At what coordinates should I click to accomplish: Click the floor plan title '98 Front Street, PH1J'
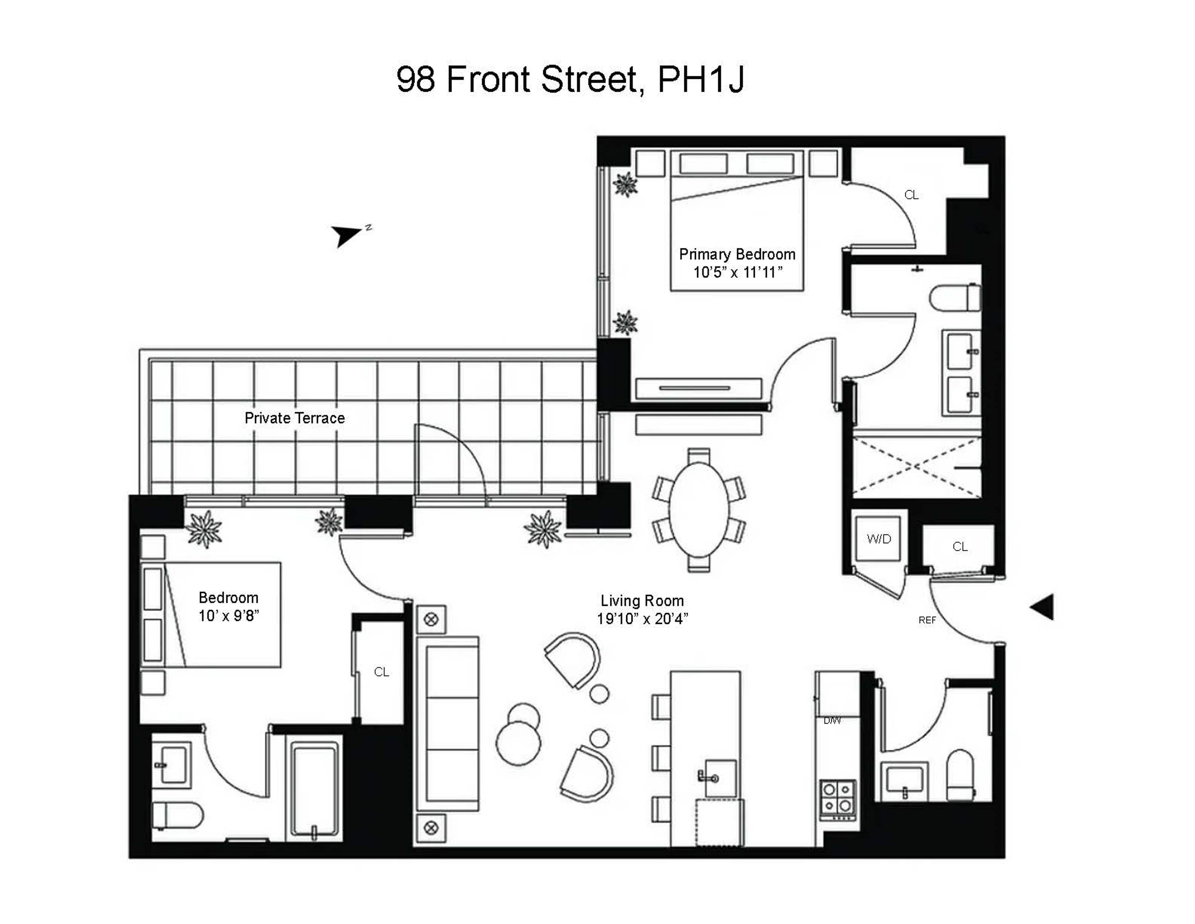click(570, 79)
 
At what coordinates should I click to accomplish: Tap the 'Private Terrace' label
click(294, 418)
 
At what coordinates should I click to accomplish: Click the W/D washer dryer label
click(879, 539)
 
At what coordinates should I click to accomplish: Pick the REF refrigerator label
click(927, 620)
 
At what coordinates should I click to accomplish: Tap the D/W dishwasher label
click(832, 721)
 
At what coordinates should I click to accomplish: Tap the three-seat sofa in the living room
click(448, 723)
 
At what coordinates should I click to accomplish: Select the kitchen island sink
click(720, 778)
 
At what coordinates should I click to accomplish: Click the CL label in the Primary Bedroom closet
click(911, 195)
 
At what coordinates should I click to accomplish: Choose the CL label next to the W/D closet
click(960, 547)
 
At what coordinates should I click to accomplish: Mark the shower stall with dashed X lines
click(917, 467)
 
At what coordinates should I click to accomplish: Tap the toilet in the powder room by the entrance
click(961, 775)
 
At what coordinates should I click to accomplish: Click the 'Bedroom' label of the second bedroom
click(228, 598)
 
